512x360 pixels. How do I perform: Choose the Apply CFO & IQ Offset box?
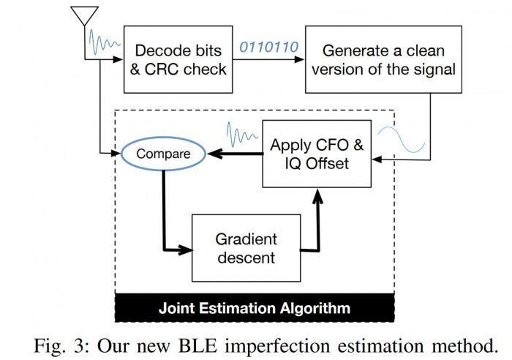pyautogui.click(x=316, y=154)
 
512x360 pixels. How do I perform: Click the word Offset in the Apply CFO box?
pyautogui.click(x=328, y=165)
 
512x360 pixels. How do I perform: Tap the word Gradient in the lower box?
pyautogui.click(x=245, y=239)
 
